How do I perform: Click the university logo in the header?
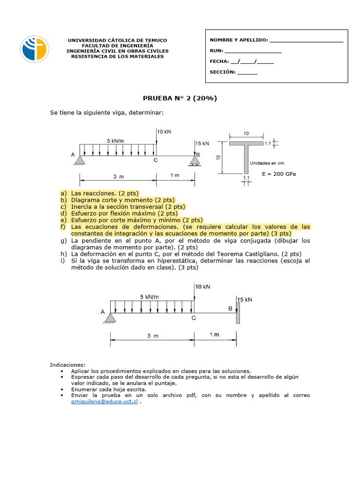pos(34,50)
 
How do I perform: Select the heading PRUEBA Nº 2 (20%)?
pos(180,98)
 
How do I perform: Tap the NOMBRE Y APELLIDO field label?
pos(239,40)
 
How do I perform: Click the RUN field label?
pos(216,51)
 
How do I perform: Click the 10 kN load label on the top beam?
pos(165,132)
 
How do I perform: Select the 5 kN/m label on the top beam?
pos(115,140)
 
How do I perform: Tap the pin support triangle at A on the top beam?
pos(80,161)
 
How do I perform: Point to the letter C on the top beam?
pos(155,160)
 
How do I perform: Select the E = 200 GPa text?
pos(279,173)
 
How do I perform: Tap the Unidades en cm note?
pos(267,164)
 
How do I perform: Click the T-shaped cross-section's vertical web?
pos(247,159)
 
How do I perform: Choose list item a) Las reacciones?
pos(99,193)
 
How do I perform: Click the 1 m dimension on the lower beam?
pos(214,334)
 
